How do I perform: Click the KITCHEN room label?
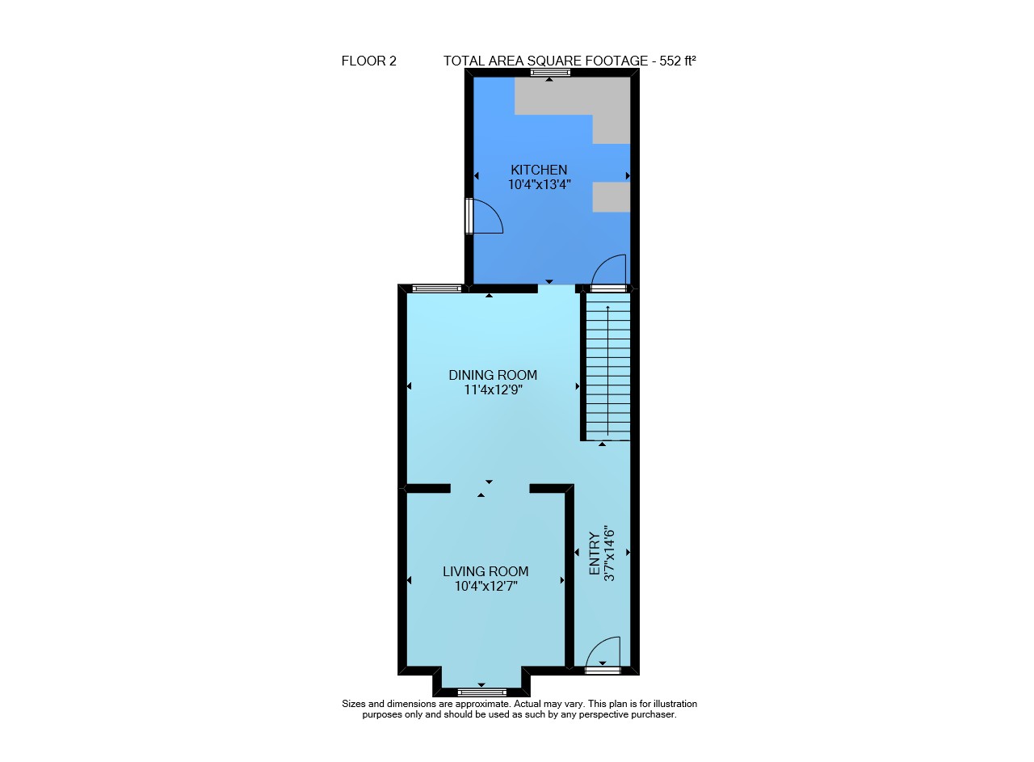click(x=539, y=170)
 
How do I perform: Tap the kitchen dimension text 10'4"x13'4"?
click(x=539, y=185)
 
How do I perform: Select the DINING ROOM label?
click(x=493, y=375)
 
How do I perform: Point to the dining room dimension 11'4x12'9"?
click(x=493, y=390)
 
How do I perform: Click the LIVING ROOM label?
click(x=485, y=571)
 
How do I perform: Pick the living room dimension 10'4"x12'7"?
click(x=486, y=587)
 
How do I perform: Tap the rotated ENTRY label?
click(x=595, y=554)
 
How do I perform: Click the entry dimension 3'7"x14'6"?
click(x=609, y=553)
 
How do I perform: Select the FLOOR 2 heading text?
click(x=369, y=61)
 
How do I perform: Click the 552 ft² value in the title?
click(x=678, y=61)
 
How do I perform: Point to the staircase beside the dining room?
click(x=607, y=367)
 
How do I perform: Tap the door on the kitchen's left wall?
click(x=485, y=216)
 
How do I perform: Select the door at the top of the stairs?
click(x=609, y=272)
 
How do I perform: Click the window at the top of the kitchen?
click(x=550, y=72)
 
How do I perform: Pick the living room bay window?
click(x=482, y=693)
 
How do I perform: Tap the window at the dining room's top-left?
click(x=437, y=288)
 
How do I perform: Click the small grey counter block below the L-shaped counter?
click(x=612, y=197)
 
